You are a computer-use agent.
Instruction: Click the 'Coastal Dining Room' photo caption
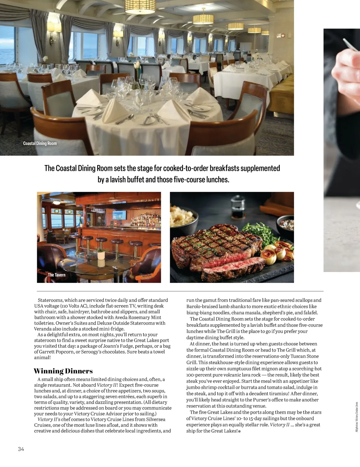[x=40, y=143]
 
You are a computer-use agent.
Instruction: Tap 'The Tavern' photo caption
[x=56, y=275]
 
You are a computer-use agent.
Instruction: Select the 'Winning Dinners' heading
[x=63, y=371]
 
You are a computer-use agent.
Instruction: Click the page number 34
[x=21, y=449]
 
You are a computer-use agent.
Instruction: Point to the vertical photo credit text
[x=357, y=417]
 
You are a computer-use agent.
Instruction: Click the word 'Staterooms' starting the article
[x=50, y=300]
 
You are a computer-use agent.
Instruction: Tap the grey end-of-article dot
[x=239, y=431]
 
